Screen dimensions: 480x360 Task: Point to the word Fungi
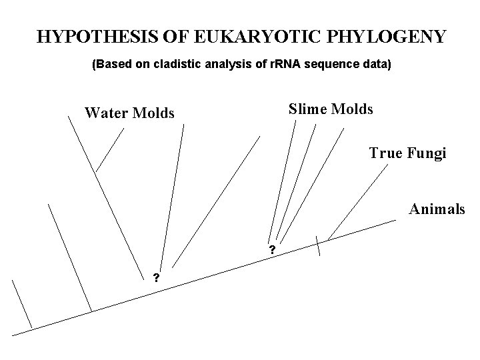[x=426, y=153]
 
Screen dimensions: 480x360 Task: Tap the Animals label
[x=437, y=209]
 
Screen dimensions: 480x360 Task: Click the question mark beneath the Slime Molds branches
[x=272, y=251]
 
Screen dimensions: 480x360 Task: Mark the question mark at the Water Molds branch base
[x=155, y=277]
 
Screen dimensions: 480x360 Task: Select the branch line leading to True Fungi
[x=358, y=201]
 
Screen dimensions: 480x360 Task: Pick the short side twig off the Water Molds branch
[x=110, y=149]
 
